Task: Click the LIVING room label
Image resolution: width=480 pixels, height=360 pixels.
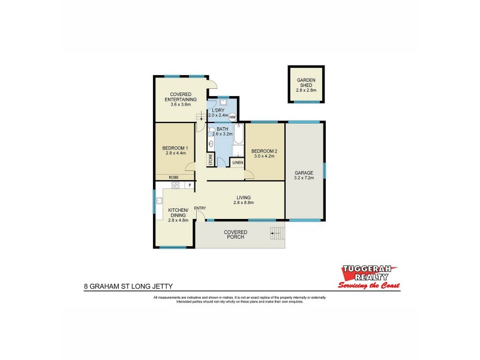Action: click(244, 197)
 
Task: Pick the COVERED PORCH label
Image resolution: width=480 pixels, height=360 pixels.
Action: click(236, 235)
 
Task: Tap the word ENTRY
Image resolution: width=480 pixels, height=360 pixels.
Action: click(200, 208)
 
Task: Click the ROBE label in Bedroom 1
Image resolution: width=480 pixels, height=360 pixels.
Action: click(173, 178)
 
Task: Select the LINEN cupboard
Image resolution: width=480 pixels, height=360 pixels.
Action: click(238, 163)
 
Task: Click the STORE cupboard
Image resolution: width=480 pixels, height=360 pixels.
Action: click(211, 159)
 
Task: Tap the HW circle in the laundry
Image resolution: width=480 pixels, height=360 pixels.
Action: click(232, 117)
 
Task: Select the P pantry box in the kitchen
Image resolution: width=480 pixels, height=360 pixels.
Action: click(190, 185)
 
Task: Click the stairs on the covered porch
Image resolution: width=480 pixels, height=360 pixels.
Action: click(277, 234)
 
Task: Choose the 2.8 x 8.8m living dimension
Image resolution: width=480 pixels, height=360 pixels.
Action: click(244, 203)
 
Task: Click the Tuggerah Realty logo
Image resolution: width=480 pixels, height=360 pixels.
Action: click(367, 277)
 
